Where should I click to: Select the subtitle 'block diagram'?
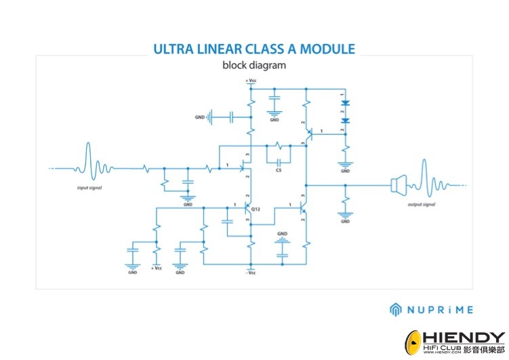click(x=254, y=66)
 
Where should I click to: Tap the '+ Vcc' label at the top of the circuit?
click(x=250, y=81)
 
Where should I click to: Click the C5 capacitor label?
click(x=278, y=170)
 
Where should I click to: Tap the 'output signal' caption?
click(x=420, y=204)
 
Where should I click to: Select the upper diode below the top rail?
click(x=345, y=103)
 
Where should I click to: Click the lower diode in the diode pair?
click(x=345, y=121)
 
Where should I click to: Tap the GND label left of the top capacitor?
click(x=199, y=117)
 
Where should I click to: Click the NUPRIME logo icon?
click(x=396, y=309)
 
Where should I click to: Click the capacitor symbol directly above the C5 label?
click(x=277, y=160)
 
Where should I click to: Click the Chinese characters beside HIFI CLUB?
click(x=485, y=350)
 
